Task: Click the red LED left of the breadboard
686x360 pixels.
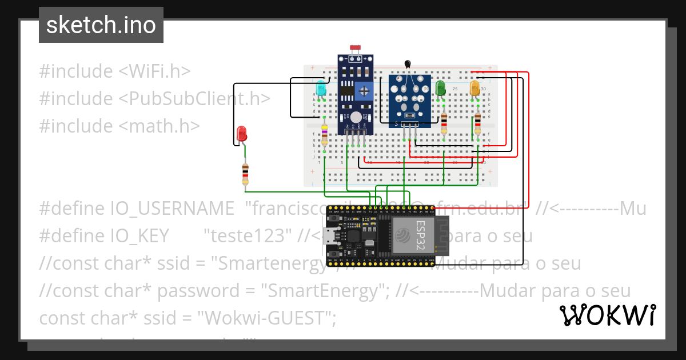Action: (242, 134)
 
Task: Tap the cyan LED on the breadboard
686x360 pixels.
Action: (321, 89)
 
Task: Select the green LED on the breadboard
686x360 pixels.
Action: (440, 88)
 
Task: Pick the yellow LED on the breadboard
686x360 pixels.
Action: (474, 88)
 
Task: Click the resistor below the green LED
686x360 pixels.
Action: (445, 121)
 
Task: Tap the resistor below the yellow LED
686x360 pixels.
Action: (478, 121)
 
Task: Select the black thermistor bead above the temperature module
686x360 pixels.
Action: (408, 65)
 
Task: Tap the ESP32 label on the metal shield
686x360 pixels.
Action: (420, 235)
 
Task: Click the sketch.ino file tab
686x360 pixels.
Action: (101, 25)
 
